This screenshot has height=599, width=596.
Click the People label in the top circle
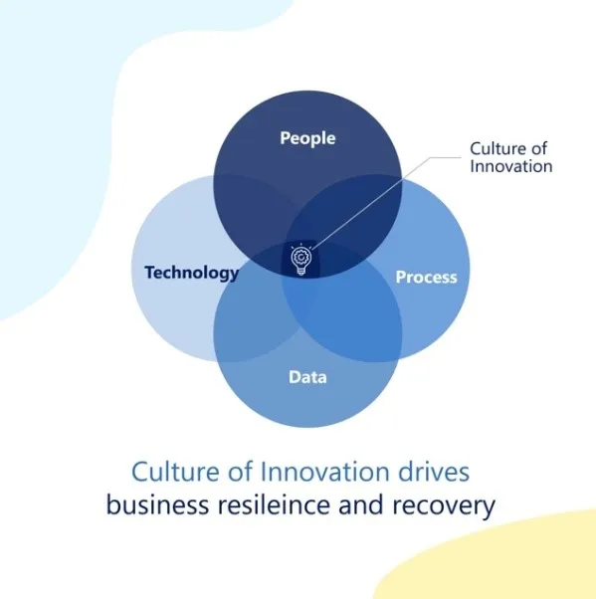click(307, 138)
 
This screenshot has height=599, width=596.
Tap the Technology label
click(192, 274)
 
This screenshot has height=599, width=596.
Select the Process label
click(426, 277)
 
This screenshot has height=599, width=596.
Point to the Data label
click(307, 377)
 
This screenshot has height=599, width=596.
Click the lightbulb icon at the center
click(301, 259)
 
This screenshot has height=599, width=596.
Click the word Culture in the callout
click(497, 148)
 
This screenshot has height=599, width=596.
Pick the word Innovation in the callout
click(511, 166)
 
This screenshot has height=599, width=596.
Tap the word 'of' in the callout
click(538, 148)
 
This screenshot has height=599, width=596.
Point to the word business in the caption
click(157, 504)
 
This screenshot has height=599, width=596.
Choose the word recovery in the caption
click(444, 506)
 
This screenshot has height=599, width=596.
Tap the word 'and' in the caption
click(361, 504)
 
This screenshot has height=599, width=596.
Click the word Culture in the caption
click(175, 472)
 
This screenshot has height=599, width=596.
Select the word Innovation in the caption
click(325, 472)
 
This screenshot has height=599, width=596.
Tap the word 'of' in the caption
click(241, 471)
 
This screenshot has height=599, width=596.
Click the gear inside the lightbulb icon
click(301, 257)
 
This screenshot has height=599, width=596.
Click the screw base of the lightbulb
click(301, 271)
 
